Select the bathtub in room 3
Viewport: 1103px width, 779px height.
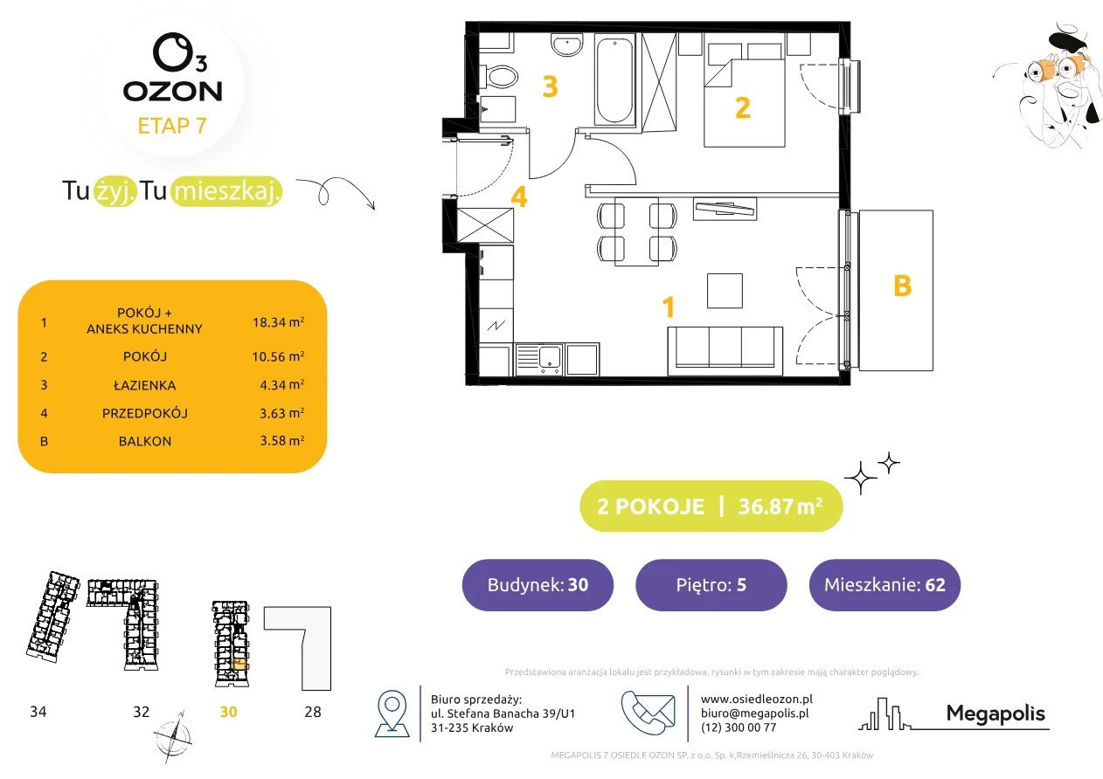(x=614, y=80)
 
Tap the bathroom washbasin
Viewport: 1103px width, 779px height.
(x=566, y=45)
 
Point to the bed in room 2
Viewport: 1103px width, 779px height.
(x=744, y=95)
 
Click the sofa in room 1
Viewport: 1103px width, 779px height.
(x=725, y=351)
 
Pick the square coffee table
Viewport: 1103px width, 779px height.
(x=725, y=291)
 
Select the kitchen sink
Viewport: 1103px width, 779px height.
(x=538, y=359)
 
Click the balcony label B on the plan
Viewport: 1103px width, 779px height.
(x=903, y=286)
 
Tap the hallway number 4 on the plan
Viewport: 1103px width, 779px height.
(x=519, y=196)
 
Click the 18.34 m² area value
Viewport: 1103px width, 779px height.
(x=278, y=322)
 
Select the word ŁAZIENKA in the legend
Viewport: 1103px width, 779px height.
(x=145, y=385)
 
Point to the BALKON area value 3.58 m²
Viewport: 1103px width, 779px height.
(x=282, y=440)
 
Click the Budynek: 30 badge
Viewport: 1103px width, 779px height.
(x=538, y=584)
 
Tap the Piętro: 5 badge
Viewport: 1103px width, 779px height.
(x=711, y=584)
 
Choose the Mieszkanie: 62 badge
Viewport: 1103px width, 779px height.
(x=884, y=584)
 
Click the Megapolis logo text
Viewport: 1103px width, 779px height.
(x=995, y=713)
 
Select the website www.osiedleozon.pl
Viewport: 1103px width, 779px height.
(x=757, y=699)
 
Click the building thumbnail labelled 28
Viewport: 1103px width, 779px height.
(x=297, y=648)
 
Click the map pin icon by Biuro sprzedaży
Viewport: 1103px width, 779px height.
(x=392, y=714)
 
